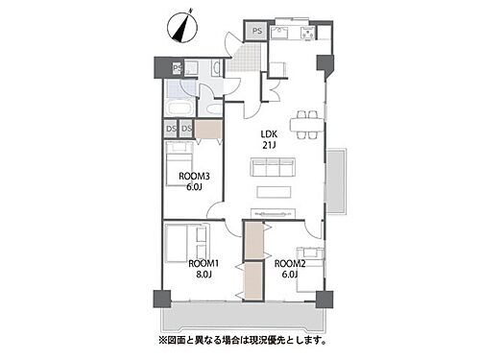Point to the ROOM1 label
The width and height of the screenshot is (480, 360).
[x=203, y=262]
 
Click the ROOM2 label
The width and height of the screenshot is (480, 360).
[x=290, y=262]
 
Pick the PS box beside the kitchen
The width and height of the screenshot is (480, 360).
[x=255, y=32]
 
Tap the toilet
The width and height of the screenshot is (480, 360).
[x=217, y=68]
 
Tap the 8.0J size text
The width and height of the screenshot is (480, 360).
[x=203, y=275]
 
